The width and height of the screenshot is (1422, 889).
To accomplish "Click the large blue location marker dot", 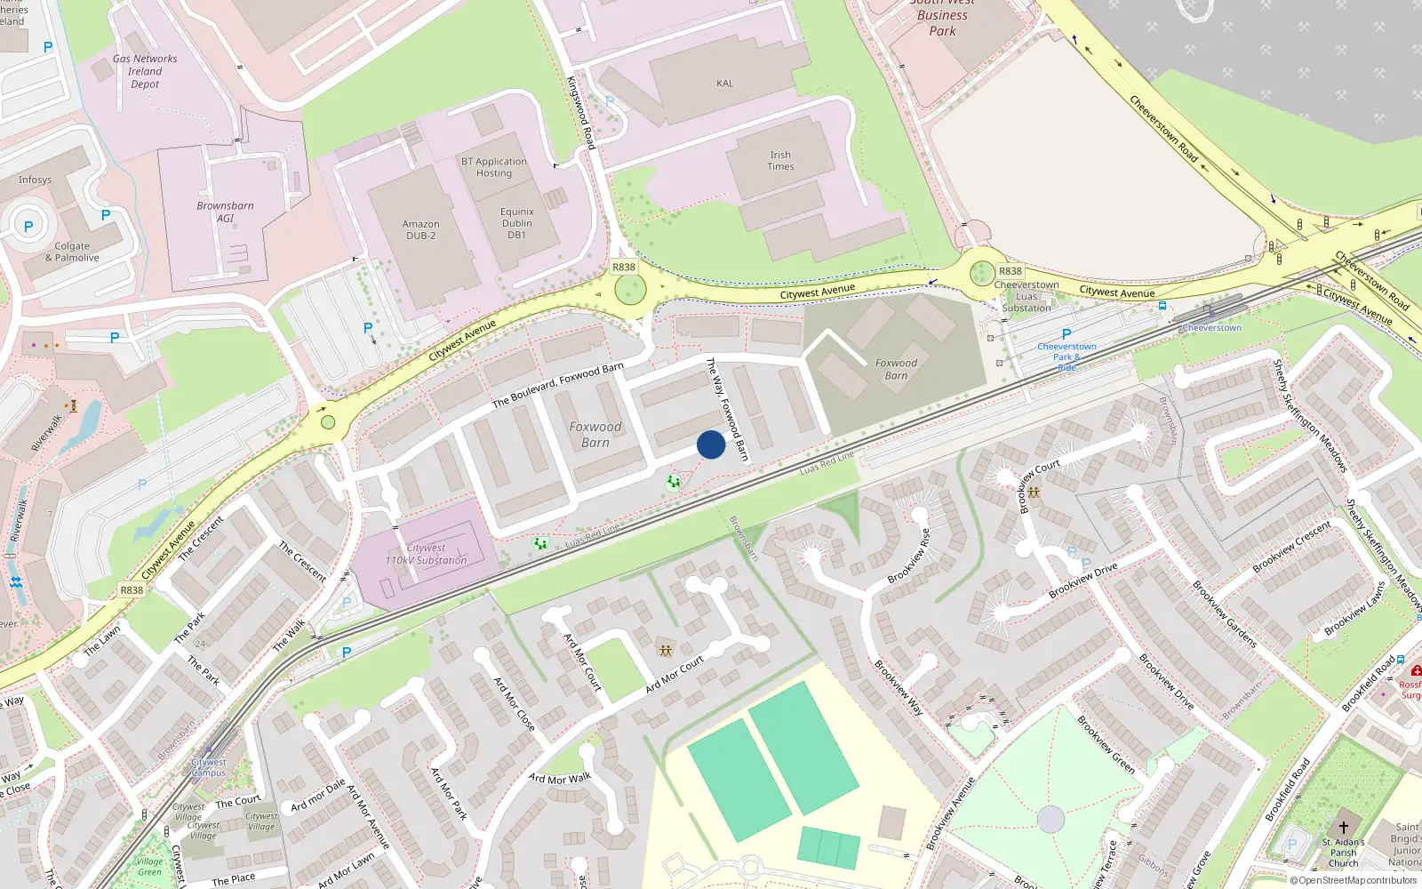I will [711, 444].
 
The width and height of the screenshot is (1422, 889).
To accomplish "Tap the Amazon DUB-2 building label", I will [420, 229].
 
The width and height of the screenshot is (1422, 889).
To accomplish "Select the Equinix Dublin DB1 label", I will [516, 223].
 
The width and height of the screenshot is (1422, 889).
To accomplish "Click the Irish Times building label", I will [780, 161].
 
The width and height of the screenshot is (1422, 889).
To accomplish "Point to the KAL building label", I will [725, 84].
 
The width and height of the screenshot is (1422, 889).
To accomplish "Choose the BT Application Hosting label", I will [494, 167].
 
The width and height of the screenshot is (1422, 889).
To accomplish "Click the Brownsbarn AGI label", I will [225, 212].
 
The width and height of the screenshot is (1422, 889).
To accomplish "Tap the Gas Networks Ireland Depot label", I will [145, 71].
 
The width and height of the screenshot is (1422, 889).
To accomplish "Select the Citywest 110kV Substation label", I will [426, 555].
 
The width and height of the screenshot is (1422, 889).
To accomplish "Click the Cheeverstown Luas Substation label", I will [1027, 296].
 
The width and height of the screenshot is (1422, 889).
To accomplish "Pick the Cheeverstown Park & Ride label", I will [1066, 356].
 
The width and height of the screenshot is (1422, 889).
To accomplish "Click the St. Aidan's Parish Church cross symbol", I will [1344, 827].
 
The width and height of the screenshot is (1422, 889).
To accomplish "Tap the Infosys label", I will [36, 180].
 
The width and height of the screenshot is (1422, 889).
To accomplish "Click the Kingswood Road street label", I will [580, 112].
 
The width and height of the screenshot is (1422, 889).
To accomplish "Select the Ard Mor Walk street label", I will [560, 779].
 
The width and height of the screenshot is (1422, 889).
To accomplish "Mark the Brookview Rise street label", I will [909, 556].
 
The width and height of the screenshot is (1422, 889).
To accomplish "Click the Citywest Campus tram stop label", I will [209, 767].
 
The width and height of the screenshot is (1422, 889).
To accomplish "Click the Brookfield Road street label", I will [1369, 684].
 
